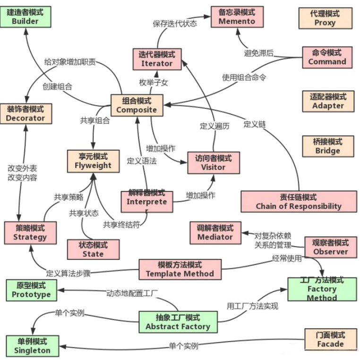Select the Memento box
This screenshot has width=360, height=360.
[x=237, y=17]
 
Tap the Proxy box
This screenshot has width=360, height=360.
[x=325, y=18]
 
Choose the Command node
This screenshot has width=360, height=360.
[x=327, y=57]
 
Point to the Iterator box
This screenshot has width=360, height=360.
[x=156, y=59]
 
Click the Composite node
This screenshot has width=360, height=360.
[x=137, y=105]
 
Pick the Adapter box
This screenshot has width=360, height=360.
[x=328, y=101]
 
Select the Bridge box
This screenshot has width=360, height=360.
[x=327, y=146]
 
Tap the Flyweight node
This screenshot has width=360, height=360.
[x=93, y=161]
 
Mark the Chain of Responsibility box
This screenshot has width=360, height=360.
[x=298, y=202]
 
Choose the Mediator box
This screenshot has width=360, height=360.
[x=215, y=232]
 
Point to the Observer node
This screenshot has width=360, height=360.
[x=330, y=247]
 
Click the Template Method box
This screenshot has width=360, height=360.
[x=180, y=269]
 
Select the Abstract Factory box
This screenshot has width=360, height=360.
[x=178, y=322]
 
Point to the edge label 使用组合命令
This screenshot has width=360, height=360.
[x=244, y=77]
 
